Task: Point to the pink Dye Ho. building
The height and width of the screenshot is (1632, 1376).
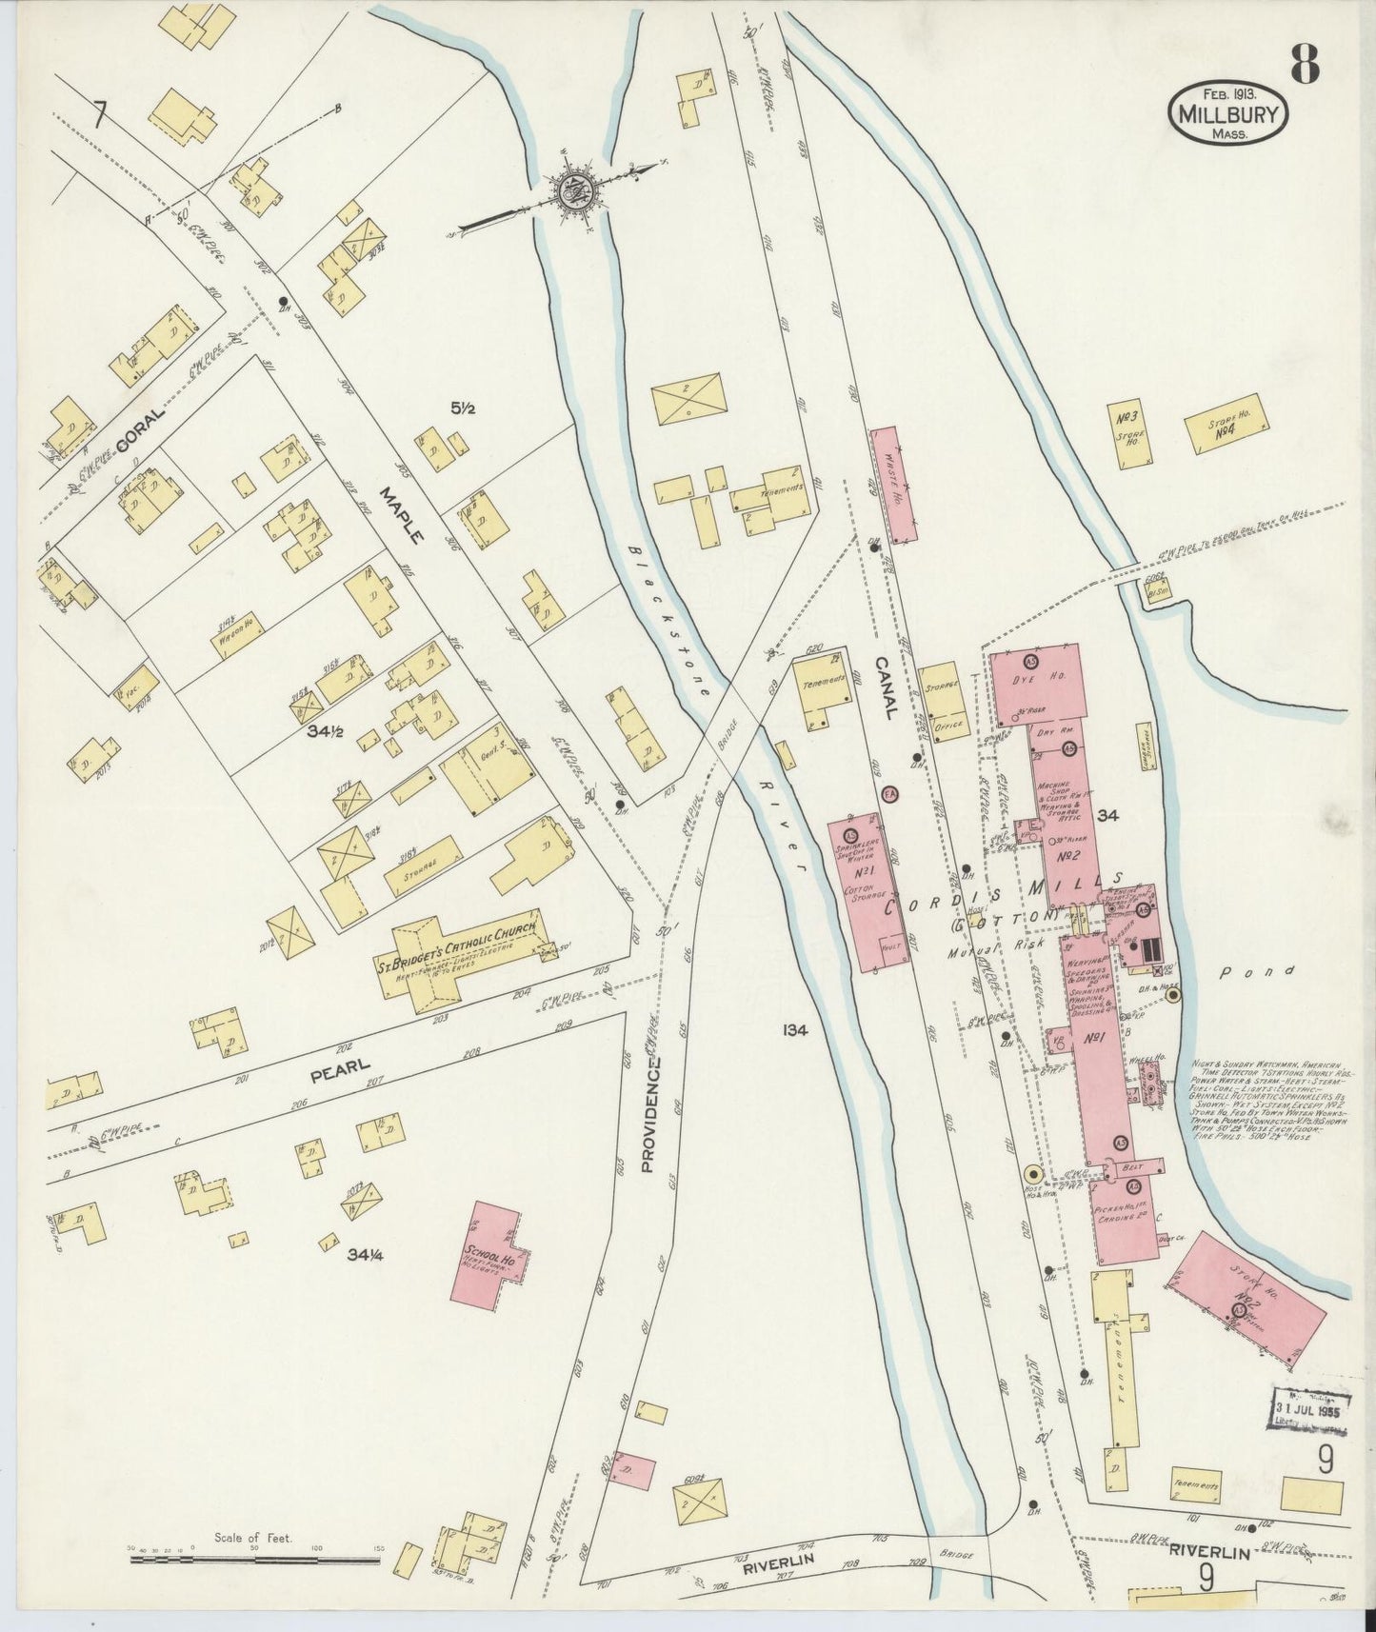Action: (x=1038, y=684)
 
